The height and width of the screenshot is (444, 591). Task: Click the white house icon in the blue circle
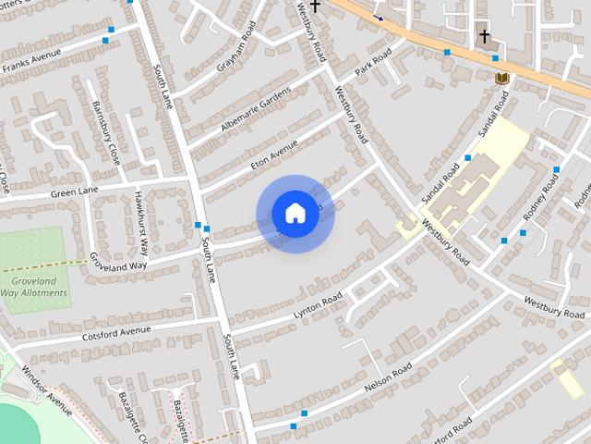[x=295, y=214]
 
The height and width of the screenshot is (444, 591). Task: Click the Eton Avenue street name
[x=274, y=154]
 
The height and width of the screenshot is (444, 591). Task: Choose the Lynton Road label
[x=318, y=306]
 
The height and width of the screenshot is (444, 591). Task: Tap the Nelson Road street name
[x=388, y=376]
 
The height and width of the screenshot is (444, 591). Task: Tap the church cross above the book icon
[x=484, y=37]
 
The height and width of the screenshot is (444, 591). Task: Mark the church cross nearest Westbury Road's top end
[x=315, y=6]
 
